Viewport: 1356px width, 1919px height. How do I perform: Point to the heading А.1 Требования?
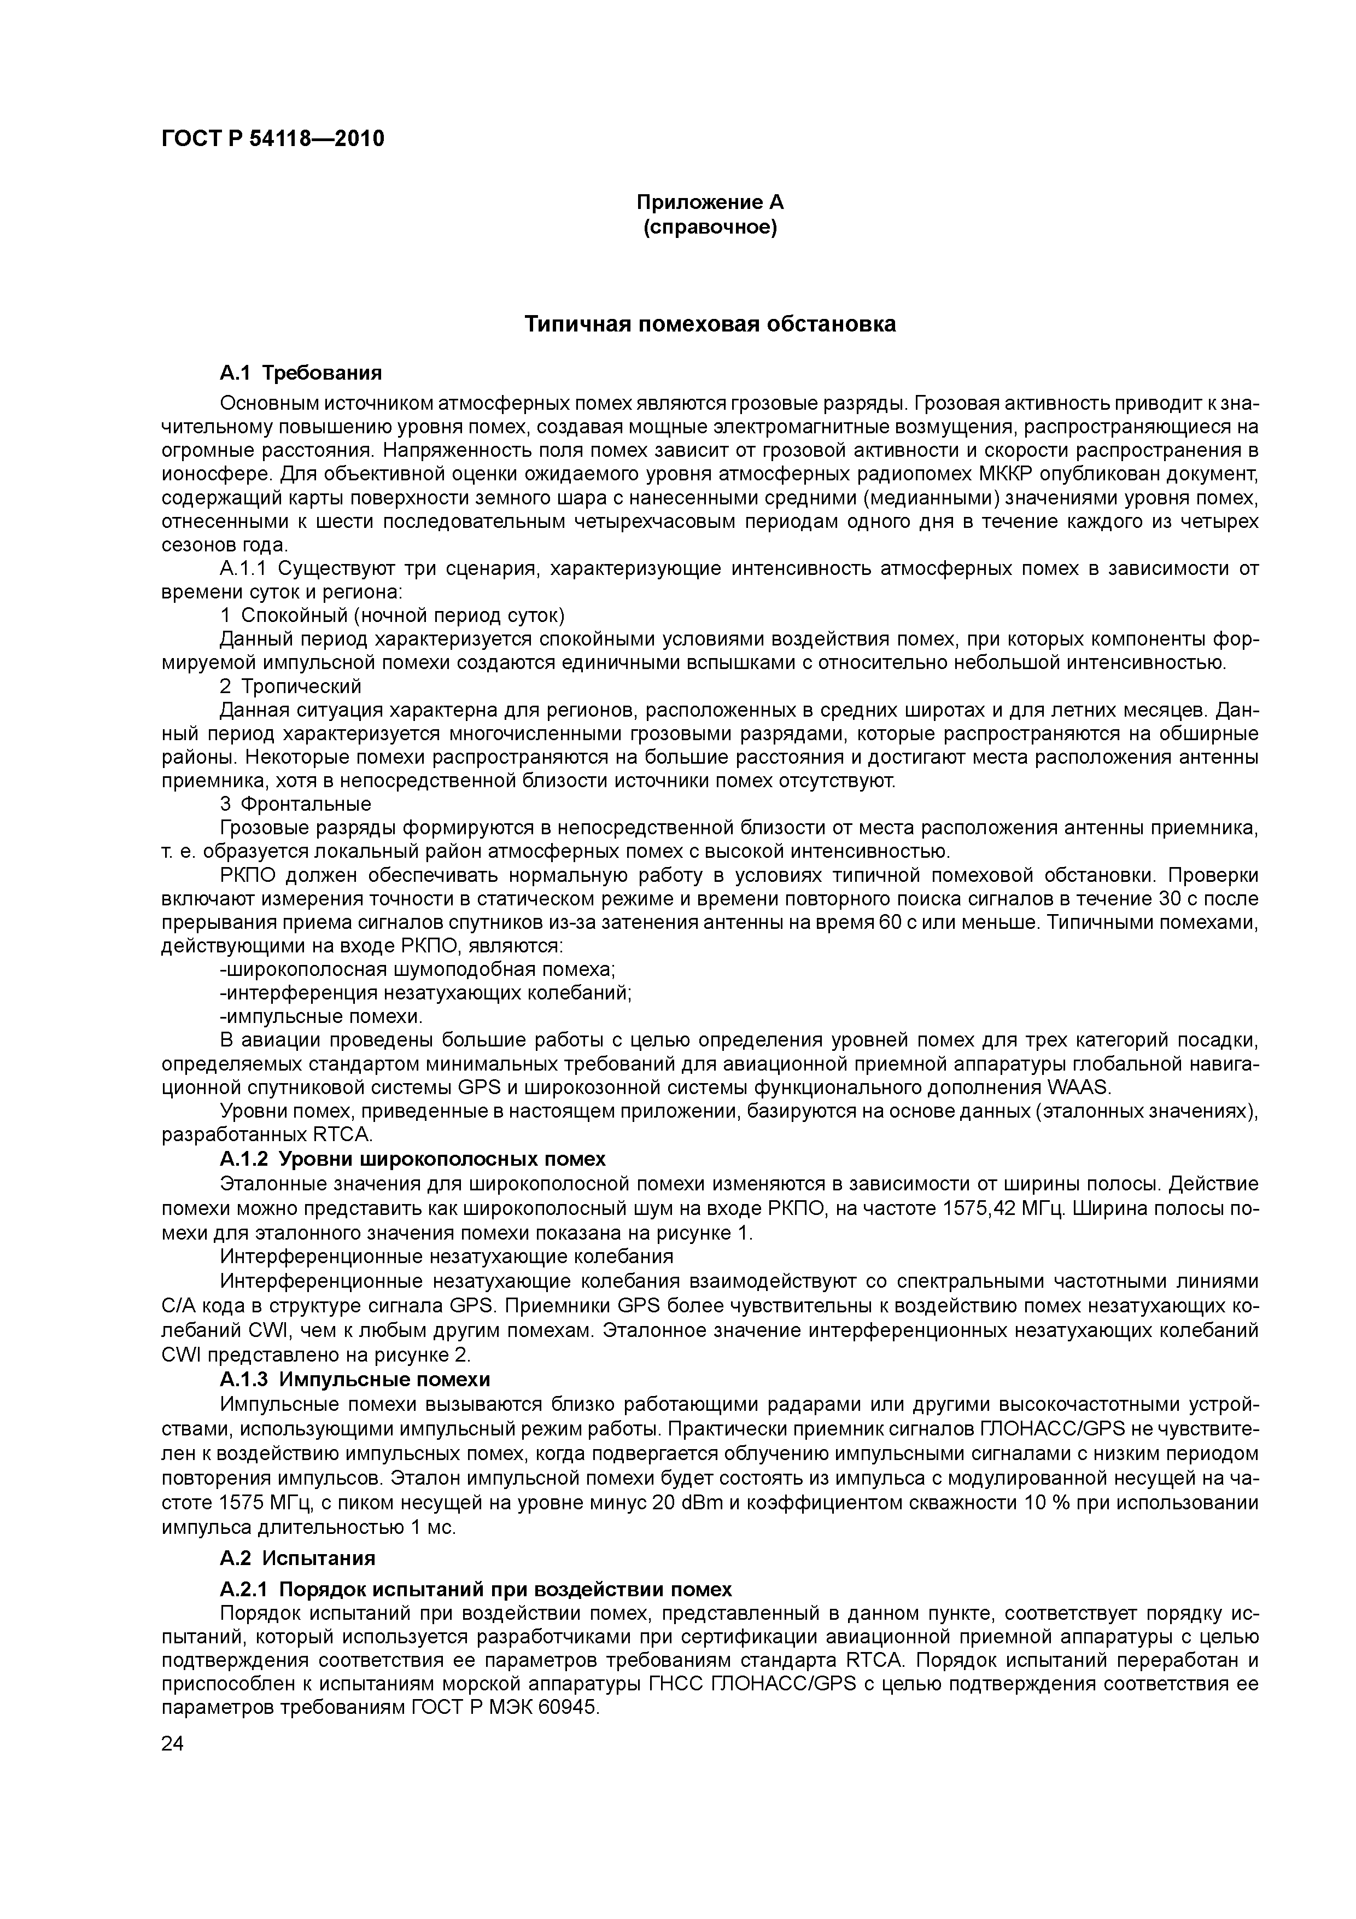[301, 372]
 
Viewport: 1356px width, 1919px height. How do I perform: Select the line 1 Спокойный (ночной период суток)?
[393, 616]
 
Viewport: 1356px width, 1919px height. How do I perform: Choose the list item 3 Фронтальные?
[296, 805]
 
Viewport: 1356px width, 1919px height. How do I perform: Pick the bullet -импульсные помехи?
[322, 1017]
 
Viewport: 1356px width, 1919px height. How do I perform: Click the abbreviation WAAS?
[1078, 1088]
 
